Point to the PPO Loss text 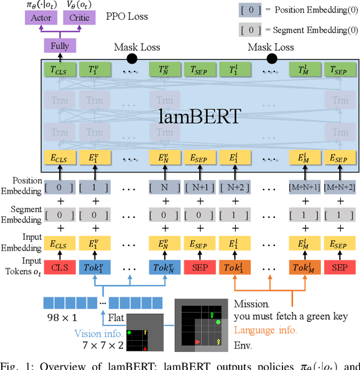[127, 16]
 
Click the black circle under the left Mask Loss [132, 58]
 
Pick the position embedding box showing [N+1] [199, 186]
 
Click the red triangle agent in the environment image [197, 342]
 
